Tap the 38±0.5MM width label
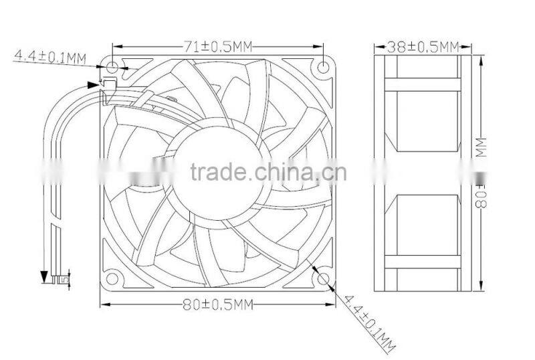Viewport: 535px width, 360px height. point(423,46)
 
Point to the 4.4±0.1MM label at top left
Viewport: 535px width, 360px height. point(50,58)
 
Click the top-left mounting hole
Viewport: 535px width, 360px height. point(112,67)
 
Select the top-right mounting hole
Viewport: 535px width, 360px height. point(324,67)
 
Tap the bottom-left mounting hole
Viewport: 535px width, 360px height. point(112,278)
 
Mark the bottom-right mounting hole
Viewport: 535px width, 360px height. point(324,278)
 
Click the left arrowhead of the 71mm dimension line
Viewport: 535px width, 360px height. point(115,47)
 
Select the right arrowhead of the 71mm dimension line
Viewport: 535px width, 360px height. point(322,47)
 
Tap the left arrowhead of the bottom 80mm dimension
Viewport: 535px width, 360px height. point(103,305)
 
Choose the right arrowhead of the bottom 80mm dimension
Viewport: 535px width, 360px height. point(332,305)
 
